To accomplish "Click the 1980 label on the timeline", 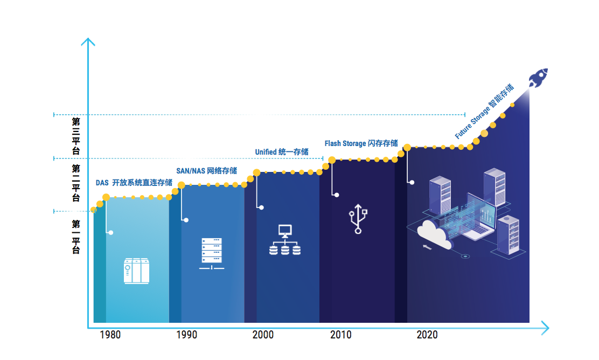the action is pos(110,335).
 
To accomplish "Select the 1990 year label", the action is pos(186,335).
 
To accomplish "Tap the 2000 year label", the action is pos(263,335).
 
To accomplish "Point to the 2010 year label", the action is pos(341,335).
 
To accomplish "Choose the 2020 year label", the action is pos(427,335).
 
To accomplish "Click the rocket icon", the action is pos(538,78).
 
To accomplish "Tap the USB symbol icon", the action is pos(358,219).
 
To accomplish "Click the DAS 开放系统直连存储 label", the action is pos(134,183).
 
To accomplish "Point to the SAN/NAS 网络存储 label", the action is pos(207,171).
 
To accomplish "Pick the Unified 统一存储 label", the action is pos(282,152).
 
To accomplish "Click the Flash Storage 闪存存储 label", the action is pos(361,143).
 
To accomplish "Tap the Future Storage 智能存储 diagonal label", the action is pos(484,111).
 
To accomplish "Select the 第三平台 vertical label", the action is pos(76,136).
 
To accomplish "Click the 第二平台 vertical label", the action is pos(76,183).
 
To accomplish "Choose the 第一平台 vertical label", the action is pos(76,237).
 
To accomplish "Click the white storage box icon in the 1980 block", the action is pos(136,271).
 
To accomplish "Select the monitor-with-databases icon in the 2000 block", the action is pos(285,240).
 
